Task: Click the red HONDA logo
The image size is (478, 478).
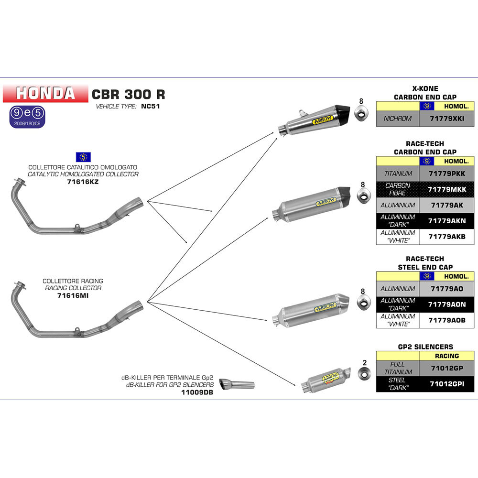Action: [45, 93]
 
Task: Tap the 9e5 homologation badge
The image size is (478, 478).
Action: [27, 117]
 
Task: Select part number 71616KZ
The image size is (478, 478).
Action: [83, 182]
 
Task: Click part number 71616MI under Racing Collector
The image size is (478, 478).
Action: [73, 295]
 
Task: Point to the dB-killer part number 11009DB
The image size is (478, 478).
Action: [197, 392]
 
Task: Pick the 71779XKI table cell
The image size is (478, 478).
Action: [447, 119]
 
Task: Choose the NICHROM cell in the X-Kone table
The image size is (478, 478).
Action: [398, 119]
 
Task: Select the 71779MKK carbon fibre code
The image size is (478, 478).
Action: [447, 189]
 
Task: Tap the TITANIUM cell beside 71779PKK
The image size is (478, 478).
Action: [398, 174]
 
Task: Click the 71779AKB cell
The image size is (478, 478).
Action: [447, 237]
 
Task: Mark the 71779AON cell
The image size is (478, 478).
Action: [447, 304]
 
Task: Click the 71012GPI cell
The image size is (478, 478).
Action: [447, 384]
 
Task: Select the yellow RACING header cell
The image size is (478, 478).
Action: [447, 356]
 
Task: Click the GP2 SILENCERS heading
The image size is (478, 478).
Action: [425, 347]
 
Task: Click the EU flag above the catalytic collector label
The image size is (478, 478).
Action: [83, 157]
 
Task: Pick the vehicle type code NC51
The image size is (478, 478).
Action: [150, 107]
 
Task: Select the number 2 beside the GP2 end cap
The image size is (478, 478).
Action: [365, 363]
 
